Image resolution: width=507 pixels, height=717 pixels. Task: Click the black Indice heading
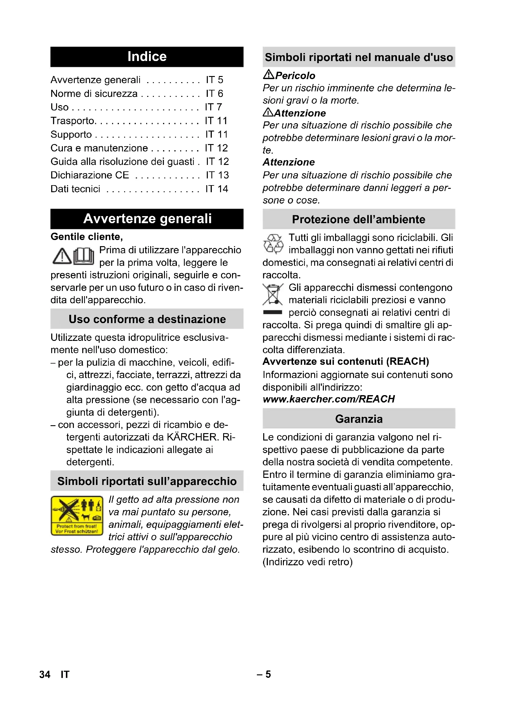tap(147, 57)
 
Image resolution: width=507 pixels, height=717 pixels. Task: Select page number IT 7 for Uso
tap(213, 107)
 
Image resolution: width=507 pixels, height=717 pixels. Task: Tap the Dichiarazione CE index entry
tap(90, 175)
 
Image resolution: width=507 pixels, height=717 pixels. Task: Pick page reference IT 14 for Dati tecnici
tap(217, 189)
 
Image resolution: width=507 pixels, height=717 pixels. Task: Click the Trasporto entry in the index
tap(73, 121)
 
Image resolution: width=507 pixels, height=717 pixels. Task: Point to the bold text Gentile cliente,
tap(87, 237)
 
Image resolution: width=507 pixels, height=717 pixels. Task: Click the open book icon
tap(84, 256)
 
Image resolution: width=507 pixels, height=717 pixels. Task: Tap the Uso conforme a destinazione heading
tap(147, 319)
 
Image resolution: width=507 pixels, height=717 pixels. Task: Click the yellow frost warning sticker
tap(77, 516)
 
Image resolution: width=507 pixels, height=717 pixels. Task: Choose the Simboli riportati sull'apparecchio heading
tap(147, 481)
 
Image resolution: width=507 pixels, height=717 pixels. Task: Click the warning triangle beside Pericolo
tap(269, 74)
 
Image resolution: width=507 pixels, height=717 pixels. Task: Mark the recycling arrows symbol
tap(273, 244)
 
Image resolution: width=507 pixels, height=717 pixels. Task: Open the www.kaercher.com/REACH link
tap(329, 399)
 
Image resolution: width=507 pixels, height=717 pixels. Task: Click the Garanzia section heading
tap(359, 419)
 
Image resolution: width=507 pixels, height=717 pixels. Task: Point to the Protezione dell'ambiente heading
tap(359, 219)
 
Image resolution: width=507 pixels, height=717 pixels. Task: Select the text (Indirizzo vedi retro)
tap(307, 562)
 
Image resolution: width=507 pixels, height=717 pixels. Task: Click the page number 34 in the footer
tap(45, 674)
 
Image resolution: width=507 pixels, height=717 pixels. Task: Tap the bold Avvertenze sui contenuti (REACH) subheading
tap(345, 361)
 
